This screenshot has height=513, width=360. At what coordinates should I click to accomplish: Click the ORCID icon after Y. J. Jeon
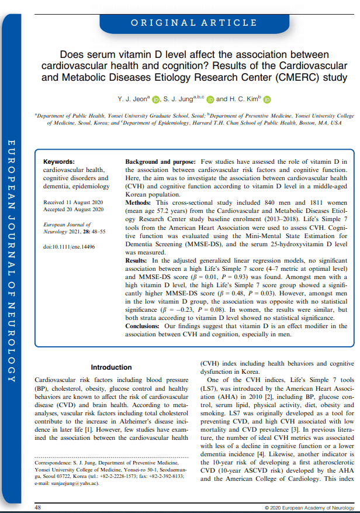(x=155, y=99)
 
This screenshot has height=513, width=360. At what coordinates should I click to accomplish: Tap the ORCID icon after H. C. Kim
(x=267, y=99)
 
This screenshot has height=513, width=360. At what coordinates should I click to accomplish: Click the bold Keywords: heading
(x=59, y=161)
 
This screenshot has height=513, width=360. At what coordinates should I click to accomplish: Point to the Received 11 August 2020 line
(x=73, y=202)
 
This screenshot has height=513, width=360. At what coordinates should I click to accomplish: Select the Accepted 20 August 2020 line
(x=73, y=209)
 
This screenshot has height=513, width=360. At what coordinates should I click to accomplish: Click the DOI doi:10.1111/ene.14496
(x=69, y=247)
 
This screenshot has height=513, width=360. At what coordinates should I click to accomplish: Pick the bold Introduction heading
(x=111, y=367)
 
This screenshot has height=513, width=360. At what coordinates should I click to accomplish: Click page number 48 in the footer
(x=38, y=507)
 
